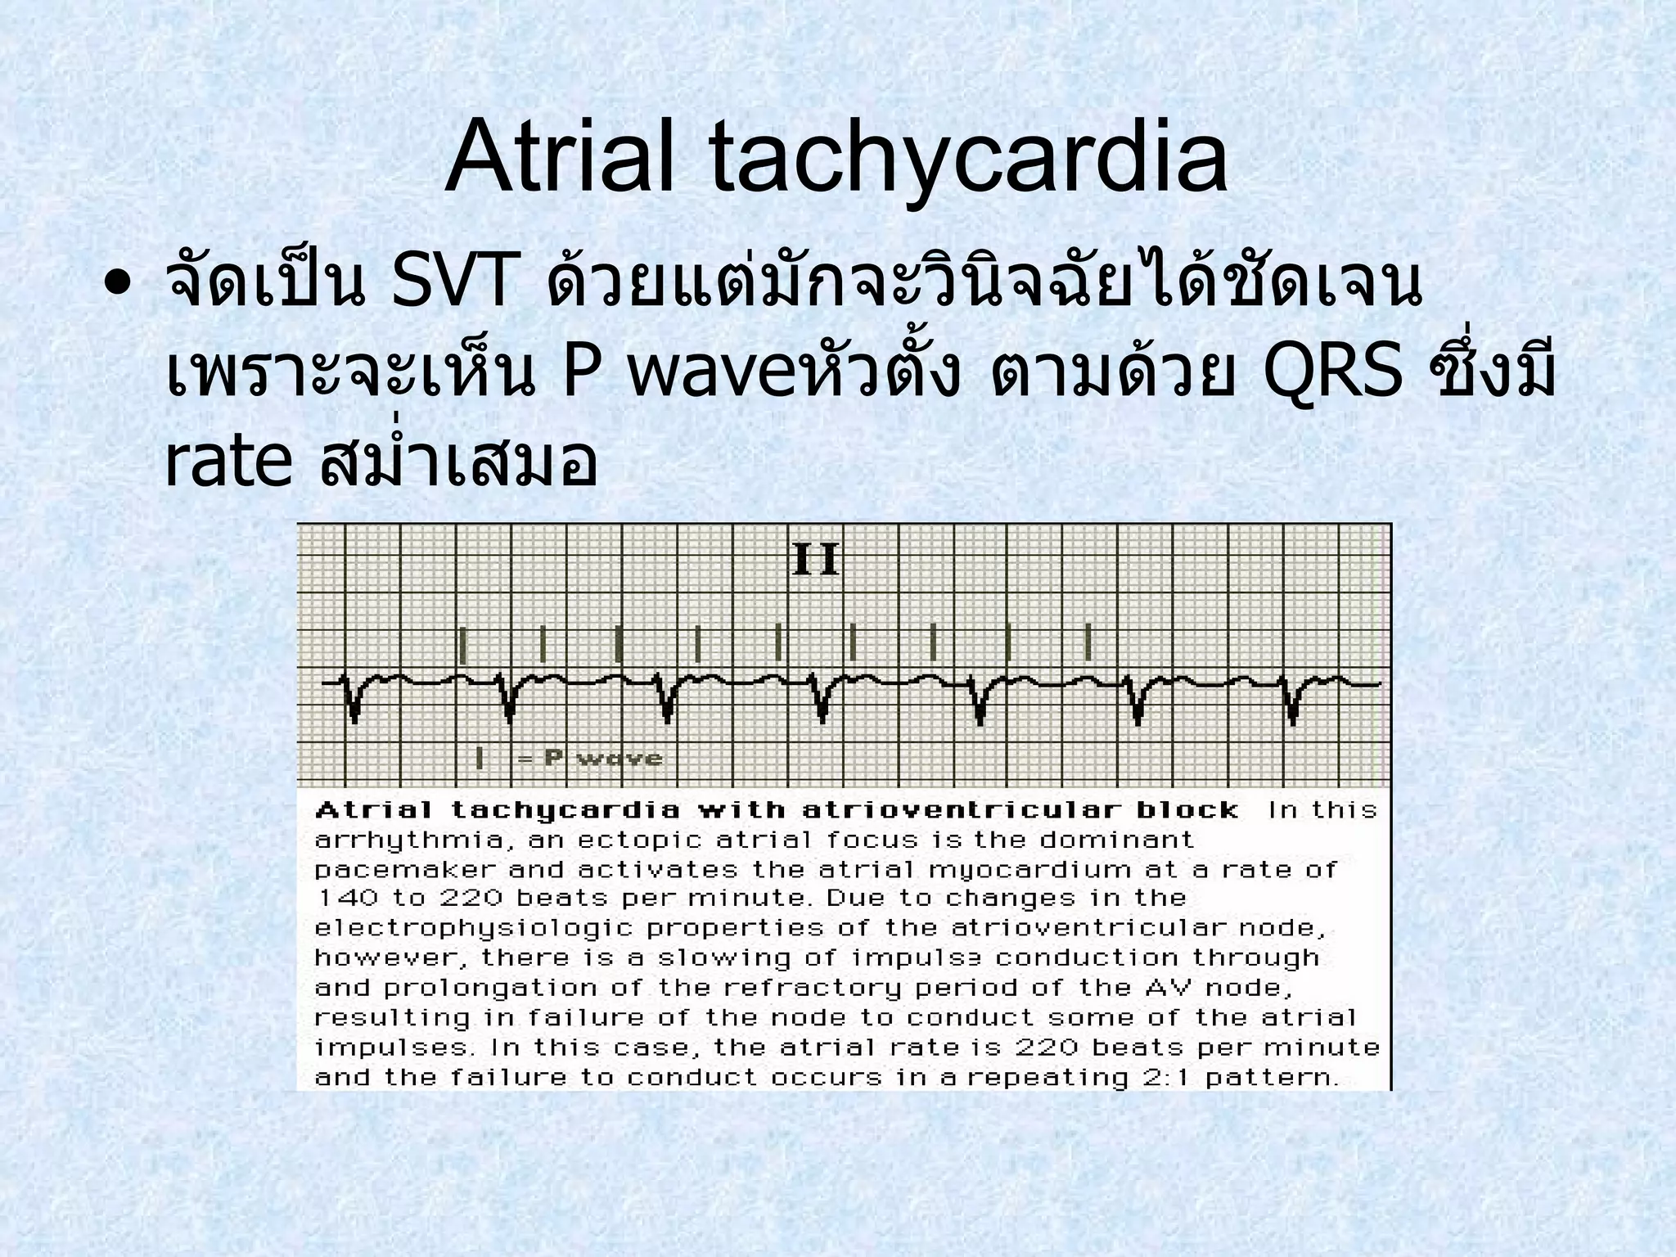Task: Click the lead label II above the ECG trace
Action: pyautogui.click(x=816, y=562)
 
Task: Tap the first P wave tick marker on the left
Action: pyautogui.click(x=463, y=645)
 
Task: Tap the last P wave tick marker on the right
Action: pyautogui.click(x=1088, y=642)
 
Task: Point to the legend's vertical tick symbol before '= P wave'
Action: pyautogui.click(x=480, y=758)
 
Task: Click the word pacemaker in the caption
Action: pyautogui.click(x=405, y=870)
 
